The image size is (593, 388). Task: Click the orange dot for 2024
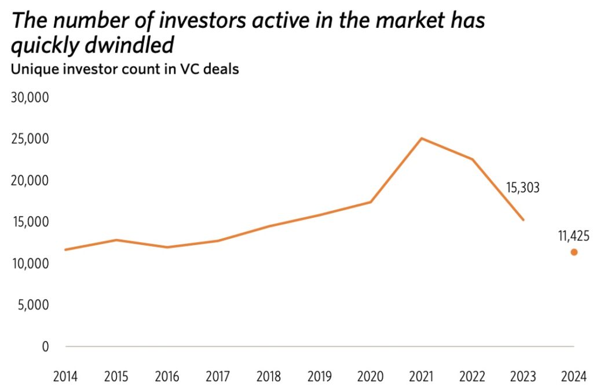574,252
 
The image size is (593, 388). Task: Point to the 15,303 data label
519,188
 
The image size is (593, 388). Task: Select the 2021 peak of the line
422,138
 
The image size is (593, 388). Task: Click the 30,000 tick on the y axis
31,97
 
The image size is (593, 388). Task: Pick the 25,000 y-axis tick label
31,139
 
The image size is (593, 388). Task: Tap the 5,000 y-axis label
34,305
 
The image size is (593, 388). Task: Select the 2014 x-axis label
66,376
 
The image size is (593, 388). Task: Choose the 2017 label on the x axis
218,376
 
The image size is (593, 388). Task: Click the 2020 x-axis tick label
371,376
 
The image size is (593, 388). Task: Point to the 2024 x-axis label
574,376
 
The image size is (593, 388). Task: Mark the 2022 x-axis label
473,376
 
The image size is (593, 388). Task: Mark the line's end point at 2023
524,220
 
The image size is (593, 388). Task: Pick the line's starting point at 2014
66,250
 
